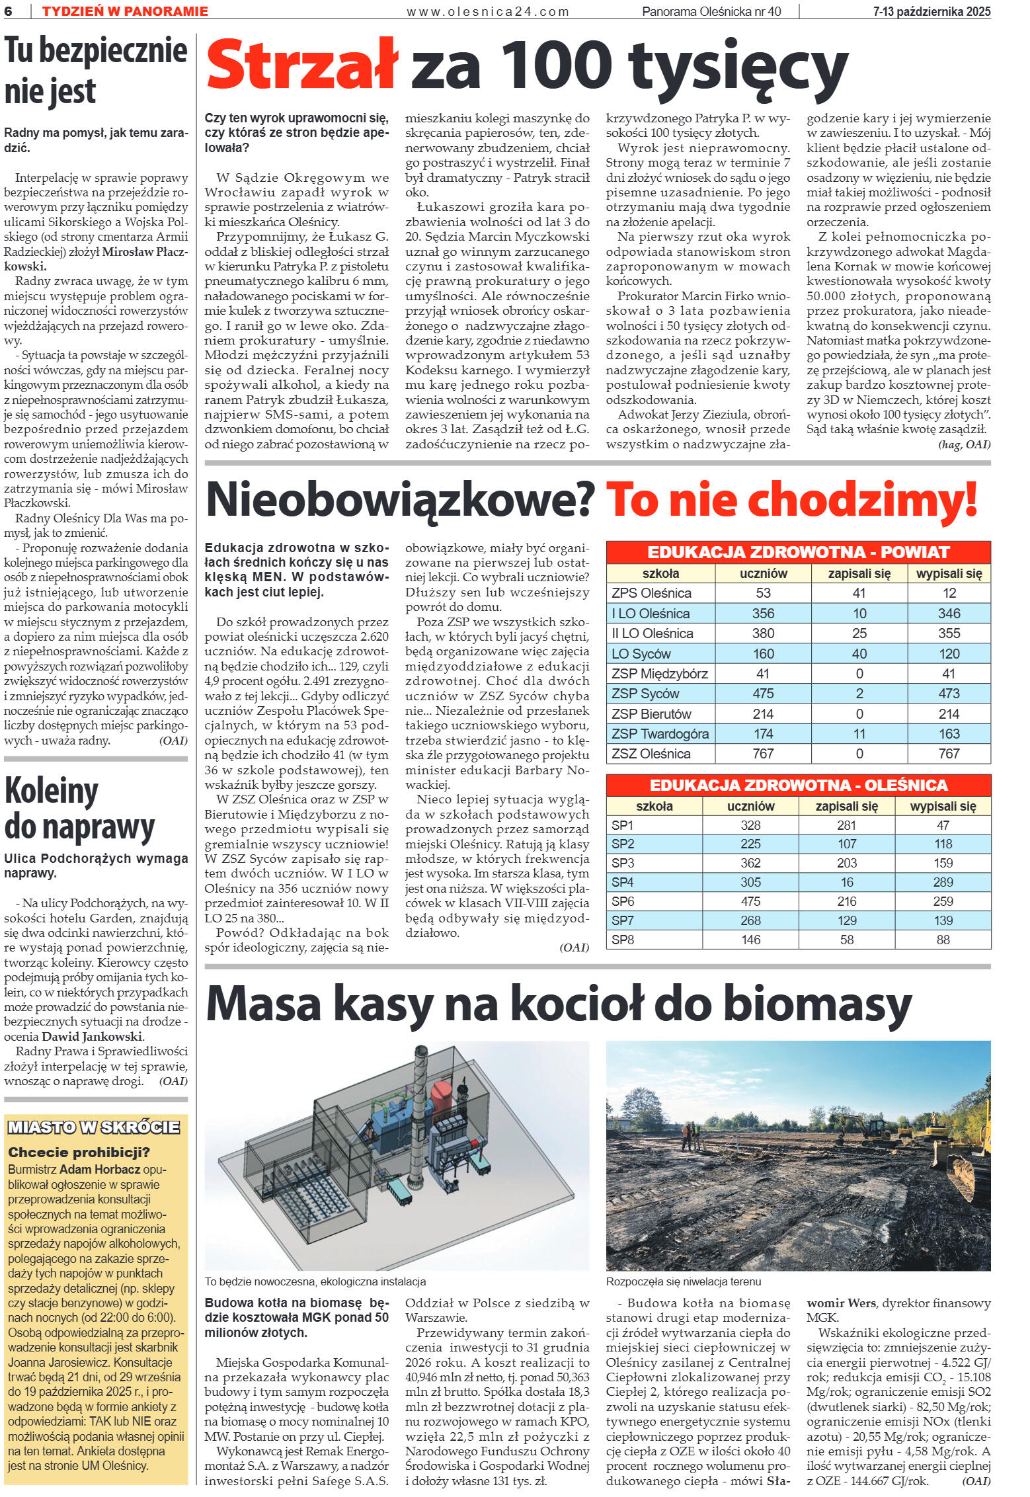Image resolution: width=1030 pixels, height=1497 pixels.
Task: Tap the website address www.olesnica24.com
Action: point(488,11)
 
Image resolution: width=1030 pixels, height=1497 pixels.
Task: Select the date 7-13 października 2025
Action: point(931,11)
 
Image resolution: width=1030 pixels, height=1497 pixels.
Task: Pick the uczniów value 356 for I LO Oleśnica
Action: point(763,613)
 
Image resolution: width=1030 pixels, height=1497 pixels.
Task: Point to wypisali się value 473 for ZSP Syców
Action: point(949,694)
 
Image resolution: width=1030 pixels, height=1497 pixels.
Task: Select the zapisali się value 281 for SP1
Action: point(846,825)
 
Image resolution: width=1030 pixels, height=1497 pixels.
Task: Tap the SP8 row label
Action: point(623,940)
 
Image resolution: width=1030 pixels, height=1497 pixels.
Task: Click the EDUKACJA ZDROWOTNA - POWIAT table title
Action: point(799,552)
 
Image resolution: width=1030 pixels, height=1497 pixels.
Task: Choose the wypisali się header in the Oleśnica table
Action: point(943,806)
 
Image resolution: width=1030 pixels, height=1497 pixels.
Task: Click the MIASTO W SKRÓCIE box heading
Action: point(93,1127)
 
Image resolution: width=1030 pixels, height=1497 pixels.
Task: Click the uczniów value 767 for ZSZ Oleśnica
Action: point(763,754)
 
